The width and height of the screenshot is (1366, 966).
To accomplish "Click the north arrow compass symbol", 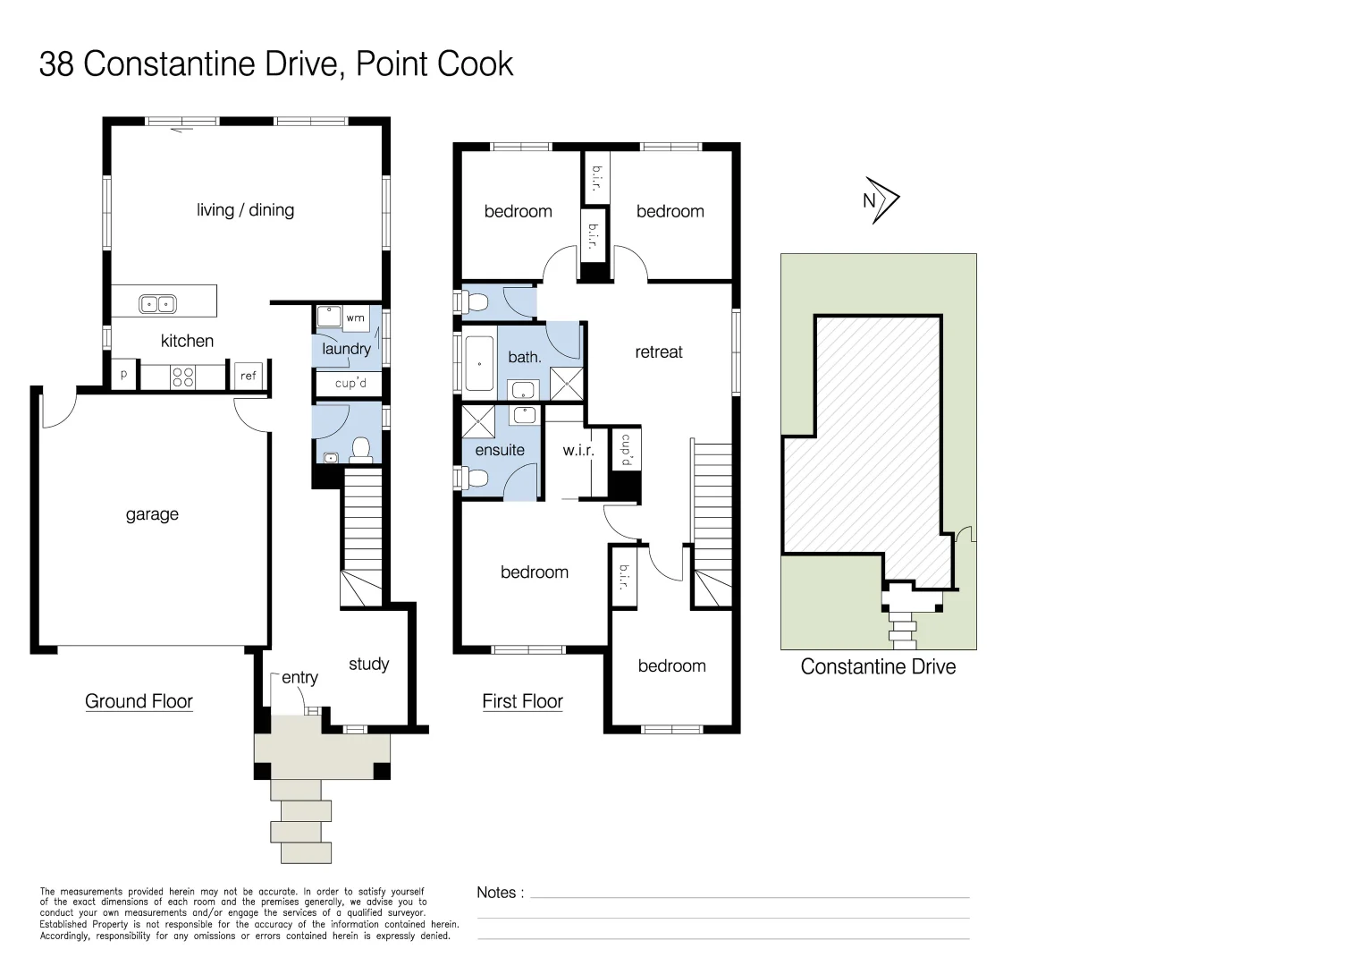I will coord(881,200).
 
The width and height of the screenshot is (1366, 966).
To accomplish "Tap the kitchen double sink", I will coord(157,304).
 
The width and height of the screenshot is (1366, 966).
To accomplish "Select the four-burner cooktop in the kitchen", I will coord(182,377).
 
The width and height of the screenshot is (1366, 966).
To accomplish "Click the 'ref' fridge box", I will coord(248,377).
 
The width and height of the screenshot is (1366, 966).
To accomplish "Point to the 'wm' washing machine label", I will coord(355,318).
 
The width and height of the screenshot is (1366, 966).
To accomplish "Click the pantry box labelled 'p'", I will coord(123,376).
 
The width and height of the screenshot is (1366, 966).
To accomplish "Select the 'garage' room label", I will coord(152,514).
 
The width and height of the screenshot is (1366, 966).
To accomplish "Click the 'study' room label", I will coord(368,664).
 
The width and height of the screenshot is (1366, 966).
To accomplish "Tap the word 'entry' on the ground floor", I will coord(299,678).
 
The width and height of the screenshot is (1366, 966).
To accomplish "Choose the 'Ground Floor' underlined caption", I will coord(139,701).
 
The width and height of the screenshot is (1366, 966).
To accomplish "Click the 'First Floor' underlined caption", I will coord(522,701).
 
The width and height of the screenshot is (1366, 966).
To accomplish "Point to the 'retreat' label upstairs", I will coord(659,352).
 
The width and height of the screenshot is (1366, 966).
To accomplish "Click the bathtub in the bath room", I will coord(479,364).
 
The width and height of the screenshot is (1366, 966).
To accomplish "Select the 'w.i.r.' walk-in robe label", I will coord(578,451).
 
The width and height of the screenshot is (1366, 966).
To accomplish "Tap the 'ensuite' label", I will coord(500,450).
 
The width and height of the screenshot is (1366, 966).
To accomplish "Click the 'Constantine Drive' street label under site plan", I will coord(878,667).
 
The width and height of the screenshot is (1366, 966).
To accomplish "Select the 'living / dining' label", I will coord(245,210).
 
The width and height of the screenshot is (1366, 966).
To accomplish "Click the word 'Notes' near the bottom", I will coord(496,893).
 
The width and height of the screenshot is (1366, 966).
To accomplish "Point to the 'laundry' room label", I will coord(346,349).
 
